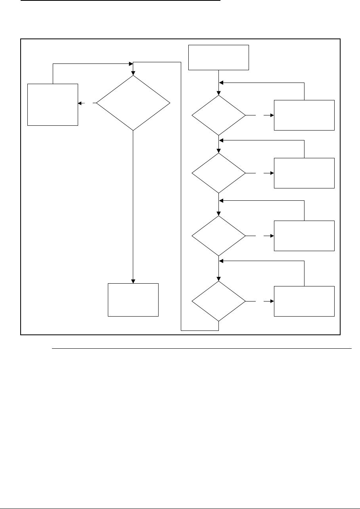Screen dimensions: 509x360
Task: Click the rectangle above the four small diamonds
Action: point(219,58)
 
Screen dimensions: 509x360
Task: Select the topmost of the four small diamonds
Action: point(219,115)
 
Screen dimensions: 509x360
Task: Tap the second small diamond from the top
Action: point(219,173)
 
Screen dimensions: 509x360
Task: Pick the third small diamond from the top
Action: point(219,236)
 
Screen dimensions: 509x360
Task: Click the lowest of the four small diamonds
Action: point(219,301)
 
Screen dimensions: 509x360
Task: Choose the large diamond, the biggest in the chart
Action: point(133,103)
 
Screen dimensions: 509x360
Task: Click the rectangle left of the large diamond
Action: point(53,104)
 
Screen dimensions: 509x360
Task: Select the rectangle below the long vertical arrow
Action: point(133,300)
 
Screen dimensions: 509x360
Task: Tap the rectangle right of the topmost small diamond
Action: point(304,115)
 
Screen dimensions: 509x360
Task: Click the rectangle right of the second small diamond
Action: point(304,173)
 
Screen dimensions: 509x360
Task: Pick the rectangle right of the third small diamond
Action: point(304,236)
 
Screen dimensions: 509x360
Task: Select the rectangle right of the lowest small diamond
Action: point(304,301)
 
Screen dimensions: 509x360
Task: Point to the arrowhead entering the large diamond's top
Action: point(133,73)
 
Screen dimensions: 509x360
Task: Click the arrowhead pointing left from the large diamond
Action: point(80,103)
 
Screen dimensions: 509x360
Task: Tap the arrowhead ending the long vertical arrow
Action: point(133,280)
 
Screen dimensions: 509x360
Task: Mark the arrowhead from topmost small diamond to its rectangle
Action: point(272,115)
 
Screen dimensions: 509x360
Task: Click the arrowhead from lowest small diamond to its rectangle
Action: point(272,301)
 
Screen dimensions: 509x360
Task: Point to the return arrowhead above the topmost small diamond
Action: point(222,83)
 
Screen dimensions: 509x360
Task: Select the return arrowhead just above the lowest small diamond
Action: point(222,261)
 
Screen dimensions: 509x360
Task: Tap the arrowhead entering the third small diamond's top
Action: point(219,213)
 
